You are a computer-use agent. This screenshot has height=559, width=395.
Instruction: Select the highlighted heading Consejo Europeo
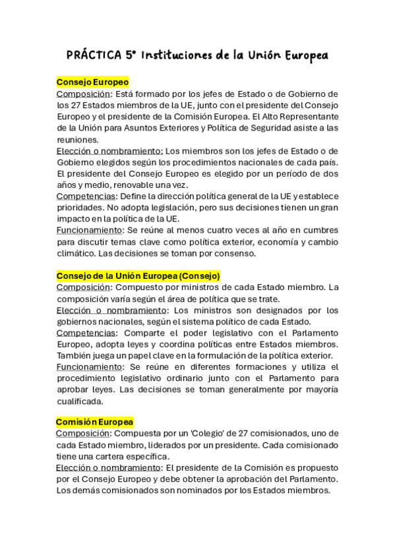click(92, 82)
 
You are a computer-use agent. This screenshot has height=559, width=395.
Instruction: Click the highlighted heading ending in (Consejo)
click(138, 276)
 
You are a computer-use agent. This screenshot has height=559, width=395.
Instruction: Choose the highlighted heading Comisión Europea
click(95, 421)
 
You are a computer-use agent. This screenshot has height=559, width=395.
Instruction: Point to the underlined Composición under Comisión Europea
click(82, 433)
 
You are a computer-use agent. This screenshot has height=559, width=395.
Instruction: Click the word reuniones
click(77, 140)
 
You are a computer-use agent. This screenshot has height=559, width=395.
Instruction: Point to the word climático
click(77, 253)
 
